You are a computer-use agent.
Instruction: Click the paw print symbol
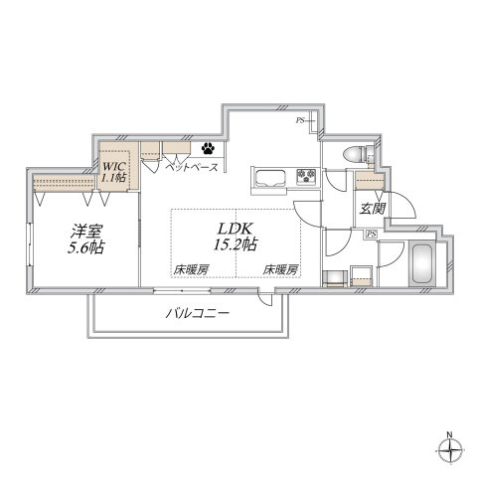(x=208, y=148)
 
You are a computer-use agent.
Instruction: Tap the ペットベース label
(x=192, y=168)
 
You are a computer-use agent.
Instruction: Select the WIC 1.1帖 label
(x=113, y=172)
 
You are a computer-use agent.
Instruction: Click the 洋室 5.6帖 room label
(x=86, y=239)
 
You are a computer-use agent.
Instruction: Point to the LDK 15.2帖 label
(x=236, y=237)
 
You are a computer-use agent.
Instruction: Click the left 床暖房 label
(x=191, y=270)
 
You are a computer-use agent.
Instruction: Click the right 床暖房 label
(x=280, y=270)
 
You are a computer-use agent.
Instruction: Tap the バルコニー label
(x=198, y=313)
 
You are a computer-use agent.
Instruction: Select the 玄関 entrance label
(x=373, y=209)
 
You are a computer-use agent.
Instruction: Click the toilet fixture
(x=359, y=154)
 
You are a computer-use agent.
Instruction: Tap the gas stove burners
(x=306, y=176)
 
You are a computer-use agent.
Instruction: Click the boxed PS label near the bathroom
(x=372, y=235)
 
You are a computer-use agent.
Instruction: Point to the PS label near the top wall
(x=300, y=120)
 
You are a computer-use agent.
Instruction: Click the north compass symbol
(x=449, y=451)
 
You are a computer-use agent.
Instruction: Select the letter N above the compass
(x=449, y=434)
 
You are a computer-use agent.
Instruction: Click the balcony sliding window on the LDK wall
(x=182, y=291)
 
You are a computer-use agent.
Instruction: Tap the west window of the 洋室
(x=30, y=244)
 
